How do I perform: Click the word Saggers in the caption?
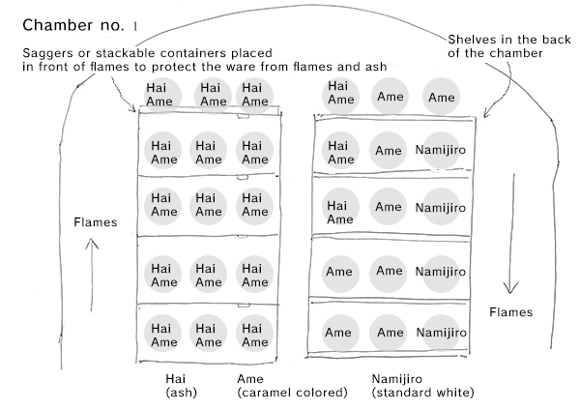click(x=45, y=52)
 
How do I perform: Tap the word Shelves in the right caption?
click(x=470, y=39)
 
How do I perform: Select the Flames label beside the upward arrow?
click(x=95, y=222)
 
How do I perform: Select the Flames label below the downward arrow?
click(x=511, y=312)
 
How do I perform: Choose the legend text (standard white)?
click(x=421, y=394)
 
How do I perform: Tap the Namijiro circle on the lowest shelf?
click(x=440, y=332)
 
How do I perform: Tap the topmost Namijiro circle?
click(x=440, y=151)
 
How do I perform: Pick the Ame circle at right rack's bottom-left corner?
click(x=338, y=332)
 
